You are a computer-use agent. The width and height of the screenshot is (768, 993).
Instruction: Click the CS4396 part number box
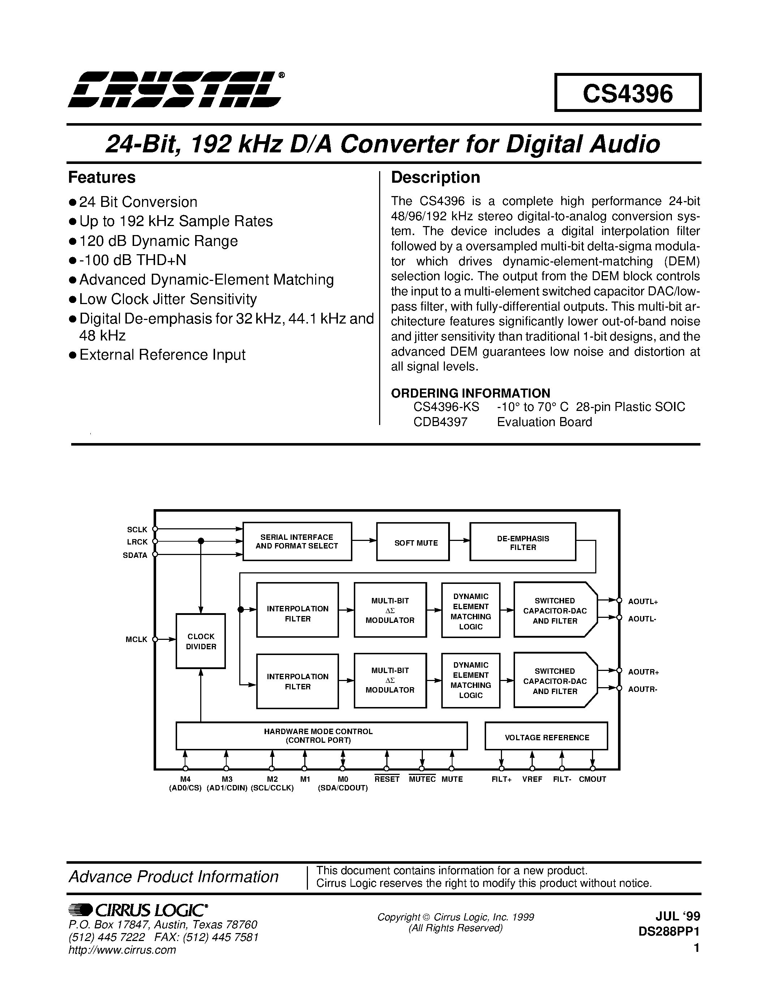click(627, 93)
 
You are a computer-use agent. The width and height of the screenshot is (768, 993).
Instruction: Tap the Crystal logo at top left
click(175, 90)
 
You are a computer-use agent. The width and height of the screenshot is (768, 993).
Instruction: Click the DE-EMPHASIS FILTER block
click(522, 542)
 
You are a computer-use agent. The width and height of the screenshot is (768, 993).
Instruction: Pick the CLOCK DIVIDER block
click(201, 641)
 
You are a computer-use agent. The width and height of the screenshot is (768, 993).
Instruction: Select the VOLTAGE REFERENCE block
click(546, 737)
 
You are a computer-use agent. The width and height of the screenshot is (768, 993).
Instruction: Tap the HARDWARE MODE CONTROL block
click(321, 736)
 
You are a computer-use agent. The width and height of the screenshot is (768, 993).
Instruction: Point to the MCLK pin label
click(137, 639)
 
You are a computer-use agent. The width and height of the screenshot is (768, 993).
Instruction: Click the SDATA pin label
click(135, 555)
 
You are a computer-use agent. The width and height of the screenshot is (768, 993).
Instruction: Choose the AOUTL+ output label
click(643, 602)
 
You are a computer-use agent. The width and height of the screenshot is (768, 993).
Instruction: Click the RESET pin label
click(387, 779)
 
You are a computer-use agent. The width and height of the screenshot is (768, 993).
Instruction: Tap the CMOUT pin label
click(592, 779)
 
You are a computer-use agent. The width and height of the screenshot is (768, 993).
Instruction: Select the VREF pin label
click(532, 779)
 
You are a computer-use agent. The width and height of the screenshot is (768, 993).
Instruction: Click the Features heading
click(102, 177)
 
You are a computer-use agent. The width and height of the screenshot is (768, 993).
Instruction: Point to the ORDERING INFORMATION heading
click(471, 393)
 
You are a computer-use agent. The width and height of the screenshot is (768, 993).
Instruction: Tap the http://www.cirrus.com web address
click(122, 950)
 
